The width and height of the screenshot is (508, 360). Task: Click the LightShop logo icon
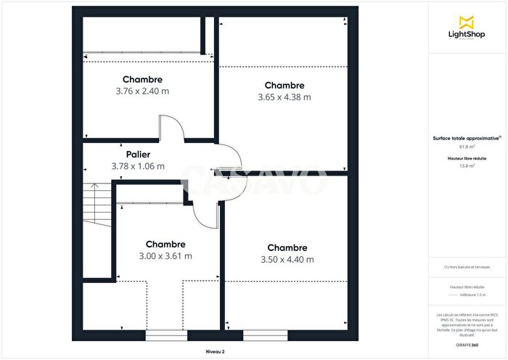pyautogui.click(x=467, y=21)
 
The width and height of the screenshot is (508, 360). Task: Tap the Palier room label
pyautogui.click(x=138, y=155)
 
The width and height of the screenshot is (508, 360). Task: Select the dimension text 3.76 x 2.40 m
pyautogui.click(x=142, y=91)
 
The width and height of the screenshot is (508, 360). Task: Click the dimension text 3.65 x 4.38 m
pyautogui.click(x=284, y=97)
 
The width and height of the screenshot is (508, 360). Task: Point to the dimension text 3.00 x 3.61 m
pyautogui.click(x=165, y=255)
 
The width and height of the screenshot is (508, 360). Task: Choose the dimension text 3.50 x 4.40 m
pyautogui.click(x=287, y=259)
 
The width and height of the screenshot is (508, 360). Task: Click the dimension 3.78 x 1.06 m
pyautogui.click(x=138, y=166)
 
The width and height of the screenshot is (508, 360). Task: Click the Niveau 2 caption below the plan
pyautogui.click(x=216, y=351)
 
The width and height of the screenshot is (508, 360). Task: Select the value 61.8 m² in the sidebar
pyautogui.click(x=466, y=146)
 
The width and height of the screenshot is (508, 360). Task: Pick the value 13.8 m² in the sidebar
pyautogui.click(x=466, y=165)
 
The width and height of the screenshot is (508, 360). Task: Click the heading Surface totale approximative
pyautogui.click(x=465, y=137)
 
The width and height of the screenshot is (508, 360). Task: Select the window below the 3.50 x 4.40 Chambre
pyautogui.click(x=259, y=335)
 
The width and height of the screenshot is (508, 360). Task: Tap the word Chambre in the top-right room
pyautogui.click(x=284, y=85)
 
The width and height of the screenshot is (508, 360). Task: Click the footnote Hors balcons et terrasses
pyautogui.click(x=467, y=267)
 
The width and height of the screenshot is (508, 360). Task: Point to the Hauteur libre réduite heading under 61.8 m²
pyautogui.click(x=466, y=157)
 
